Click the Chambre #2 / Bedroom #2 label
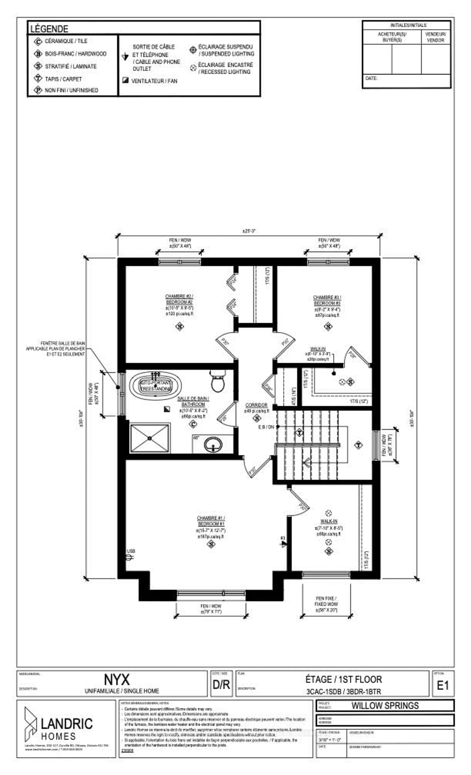click(x=179, y=299)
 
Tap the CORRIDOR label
click(x=256, y=405)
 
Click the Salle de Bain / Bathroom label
click(x=193, y=401)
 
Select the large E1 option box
click(x=443, y=685)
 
